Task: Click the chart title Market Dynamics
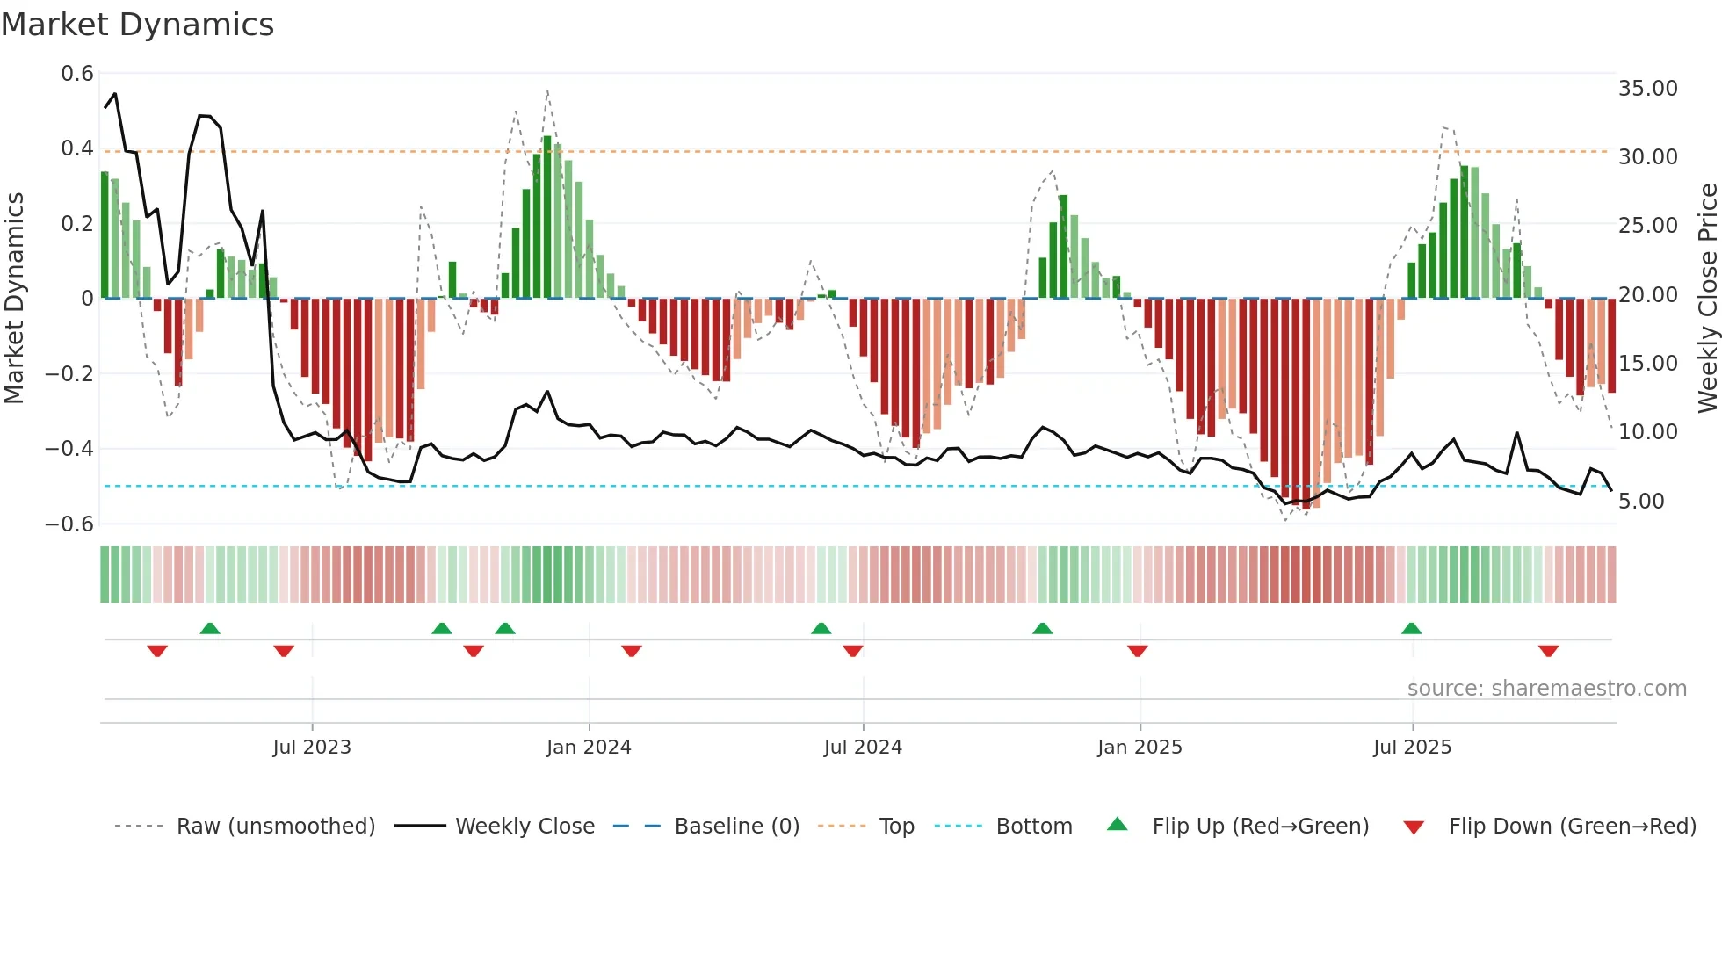[x=137, y=25]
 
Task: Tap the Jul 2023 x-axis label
[x=312, y=748]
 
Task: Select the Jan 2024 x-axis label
[x=589, y=748]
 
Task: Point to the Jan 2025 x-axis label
[x=1140, y=748]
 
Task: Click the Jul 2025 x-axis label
[x=1412, y=748]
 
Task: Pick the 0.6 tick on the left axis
[x=77, y=74]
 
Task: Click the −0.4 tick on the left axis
[x=69, y=449]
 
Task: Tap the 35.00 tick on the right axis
[x=1647, y=89]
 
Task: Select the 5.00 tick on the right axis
[x=1641, y=502]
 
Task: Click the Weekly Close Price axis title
[x=1707, y=299]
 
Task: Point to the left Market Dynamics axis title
[x=14, y=299]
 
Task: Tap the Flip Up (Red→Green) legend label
[x=1260, y=827]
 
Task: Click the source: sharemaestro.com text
[x=1546, y=689]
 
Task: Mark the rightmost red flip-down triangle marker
[x=1548, y=651]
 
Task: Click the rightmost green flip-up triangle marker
[x=1411, y=628]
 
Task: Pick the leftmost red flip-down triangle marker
[x=157, y=651]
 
